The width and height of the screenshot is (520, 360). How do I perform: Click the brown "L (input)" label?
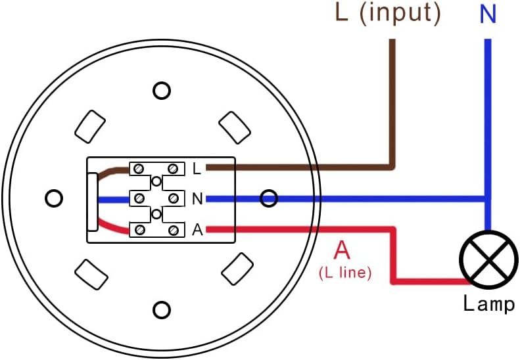pyautogui.click(x=387, y=14)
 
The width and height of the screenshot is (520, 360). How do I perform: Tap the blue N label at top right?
pyautogui.click(x=488, y=14)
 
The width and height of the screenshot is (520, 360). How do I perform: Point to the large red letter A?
pyautogui.click(x=343, y=252)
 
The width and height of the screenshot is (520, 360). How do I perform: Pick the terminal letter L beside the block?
pyautogui.click(x=197, y=169)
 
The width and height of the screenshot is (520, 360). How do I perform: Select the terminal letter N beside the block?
pyautogui.click(x=197, y=198)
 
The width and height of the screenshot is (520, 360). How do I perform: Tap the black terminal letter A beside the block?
pyautogui.click(x=197, y=230)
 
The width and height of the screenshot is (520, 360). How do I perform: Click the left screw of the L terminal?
pyautogui.click(x=139, y=169)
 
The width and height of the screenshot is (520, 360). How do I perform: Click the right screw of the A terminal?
pyautogui.click(x=174, y=230)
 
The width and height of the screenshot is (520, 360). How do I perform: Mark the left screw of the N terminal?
pyautogui.click(x=139, y=198)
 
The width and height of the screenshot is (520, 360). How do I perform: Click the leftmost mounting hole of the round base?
pyautogui.click(x=55, y=197)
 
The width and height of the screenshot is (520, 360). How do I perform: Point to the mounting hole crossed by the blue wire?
pyautogui.click(x=269, y=197)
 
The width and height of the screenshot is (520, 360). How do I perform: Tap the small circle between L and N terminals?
pyautogui.click(x=156, y=182)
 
